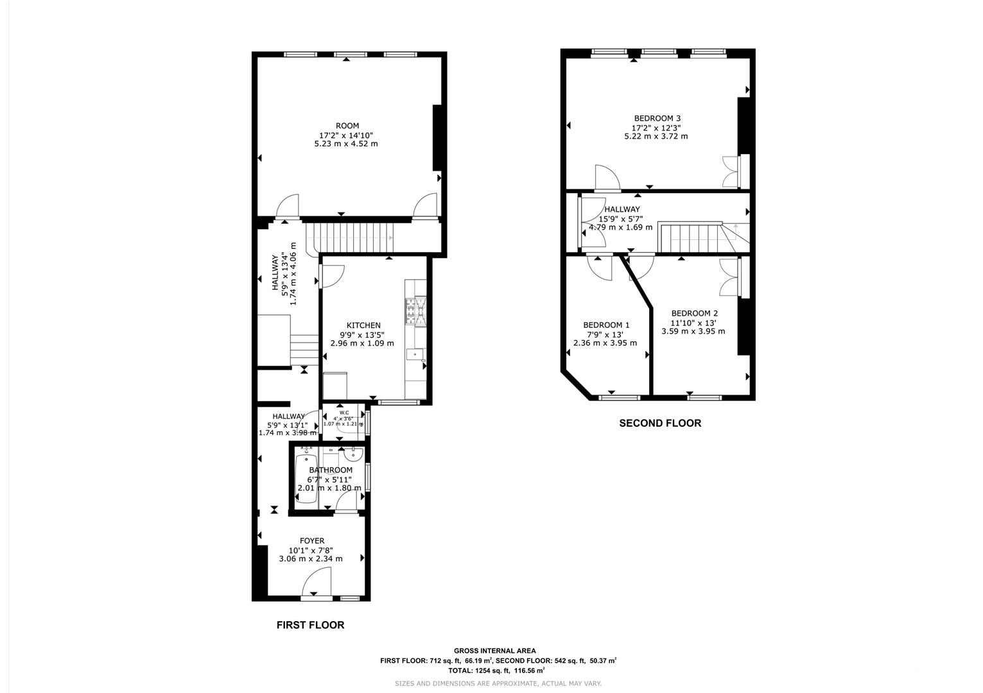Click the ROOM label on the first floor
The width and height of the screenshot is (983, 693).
click(347, 126)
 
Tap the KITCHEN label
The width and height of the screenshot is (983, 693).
click(363, 325)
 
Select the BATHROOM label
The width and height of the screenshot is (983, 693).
click(331, 470)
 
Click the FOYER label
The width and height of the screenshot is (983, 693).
click(311, 541)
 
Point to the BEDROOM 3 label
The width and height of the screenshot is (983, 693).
click(657, 118)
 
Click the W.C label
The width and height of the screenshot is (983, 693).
click(344, 413)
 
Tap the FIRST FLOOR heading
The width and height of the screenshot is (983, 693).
click(310, 625)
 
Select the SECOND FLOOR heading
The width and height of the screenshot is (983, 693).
click(659, 424)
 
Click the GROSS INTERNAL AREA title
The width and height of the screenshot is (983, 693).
click(494, 651)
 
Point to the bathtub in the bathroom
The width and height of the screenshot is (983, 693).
click(306, 478)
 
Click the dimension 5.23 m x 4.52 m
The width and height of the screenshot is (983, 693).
click(345, 144)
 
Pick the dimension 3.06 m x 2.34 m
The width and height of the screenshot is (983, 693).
click(311, 559)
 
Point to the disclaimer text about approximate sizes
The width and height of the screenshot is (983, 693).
click(498, 683)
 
